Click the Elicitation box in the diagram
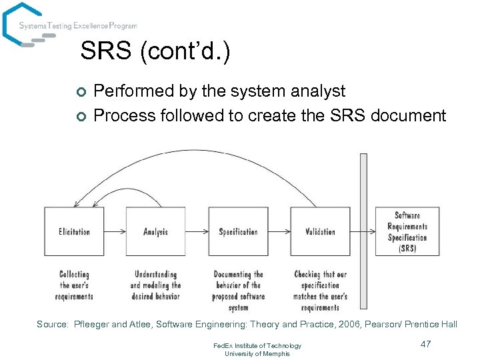(x=74, y=231)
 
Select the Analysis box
(x=155, y=231)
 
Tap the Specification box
(x=238, y=231)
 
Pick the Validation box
(x=320, y=231)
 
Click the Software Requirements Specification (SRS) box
(x=407, y=231)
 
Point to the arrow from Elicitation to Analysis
(x=115, y=232)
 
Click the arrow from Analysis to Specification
(x=197, y=232)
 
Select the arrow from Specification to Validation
(x=279, y=232)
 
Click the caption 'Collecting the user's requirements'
(x=75, y=285)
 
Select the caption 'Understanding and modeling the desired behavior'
(x=155, y=285)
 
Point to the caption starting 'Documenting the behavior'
(x=238, y=291)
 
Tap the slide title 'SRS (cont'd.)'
(x=155, y=51)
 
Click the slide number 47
(x=427, y=344)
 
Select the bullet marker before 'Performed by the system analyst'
(x=81, y=92)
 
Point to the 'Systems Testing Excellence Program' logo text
(x=78, y=26)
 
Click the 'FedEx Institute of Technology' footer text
(x=257, y=345)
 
